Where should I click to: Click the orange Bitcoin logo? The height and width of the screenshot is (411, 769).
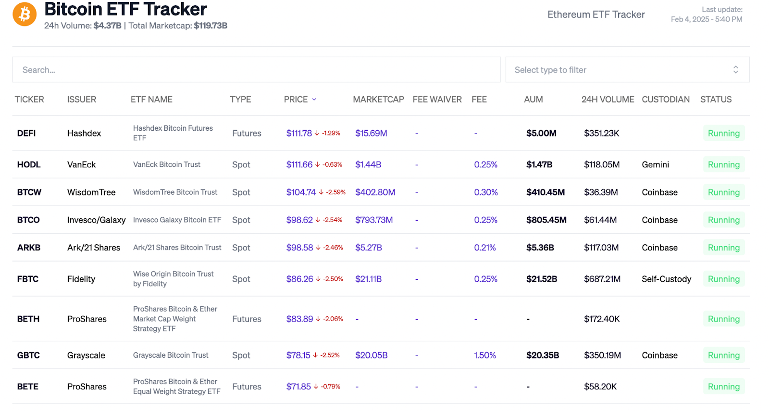coord(25,14)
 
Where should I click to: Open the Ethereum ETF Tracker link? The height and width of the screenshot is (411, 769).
coord(596,14)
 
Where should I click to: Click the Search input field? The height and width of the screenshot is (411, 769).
coord(256,70)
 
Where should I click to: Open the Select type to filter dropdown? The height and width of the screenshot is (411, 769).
coord(627,70)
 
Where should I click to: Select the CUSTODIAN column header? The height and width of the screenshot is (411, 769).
coord(665,100)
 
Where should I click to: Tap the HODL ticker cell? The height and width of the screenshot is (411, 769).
coord(29,164)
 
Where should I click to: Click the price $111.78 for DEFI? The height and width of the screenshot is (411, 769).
coord(299,133)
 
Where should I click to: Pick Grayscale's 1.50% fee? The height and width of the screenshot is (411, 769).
coord(485,355)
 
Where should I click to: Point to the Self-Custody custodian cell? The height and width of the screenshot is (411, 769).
coord(666,279)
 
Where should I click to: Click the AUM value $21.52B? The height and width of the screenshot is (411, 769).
coord(542,279)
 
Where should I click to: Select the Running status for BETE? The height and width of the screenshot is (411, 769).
coord(723,386)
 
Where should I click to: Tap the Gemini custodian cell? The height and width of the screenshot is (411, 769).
coord(655,164)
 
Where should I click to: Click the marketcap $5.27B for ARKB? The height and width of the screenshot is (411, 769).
coord(369,248)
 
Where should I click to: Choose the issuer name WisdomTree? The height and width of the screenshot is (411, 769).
coord(91,192)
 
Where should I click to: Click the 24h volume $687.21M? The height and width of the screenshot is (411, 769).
coord(602,279)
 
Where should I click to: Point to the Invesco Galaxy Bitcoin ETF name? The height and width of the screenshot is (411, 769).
coord(177,220)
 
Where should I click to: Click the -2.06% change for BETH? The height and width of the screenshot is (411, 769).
coord(333,319)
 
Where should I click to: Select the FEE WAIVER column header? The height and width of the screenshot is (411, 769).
coord(437,100)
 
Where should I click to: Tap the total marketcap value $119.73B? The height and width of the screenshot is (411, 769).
coord(211,25)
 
